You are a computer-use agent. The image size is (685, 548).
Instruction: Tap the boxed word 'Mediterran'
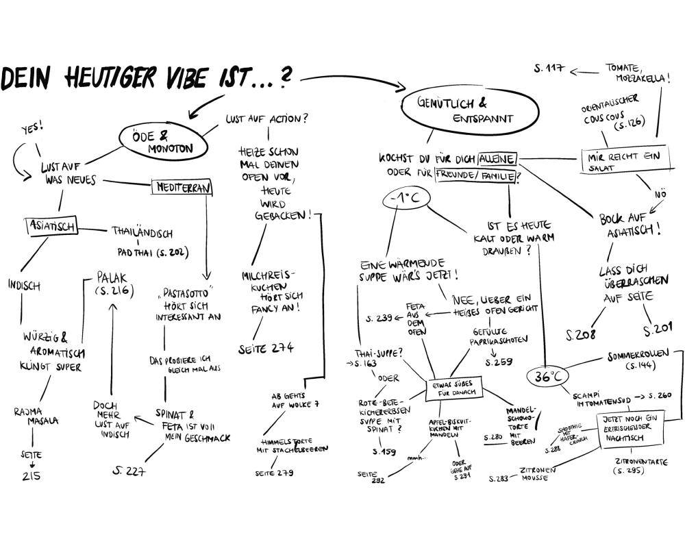coord(182,186)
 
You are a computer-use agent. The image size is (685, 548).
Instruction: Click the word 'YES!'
coord(32,128)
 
